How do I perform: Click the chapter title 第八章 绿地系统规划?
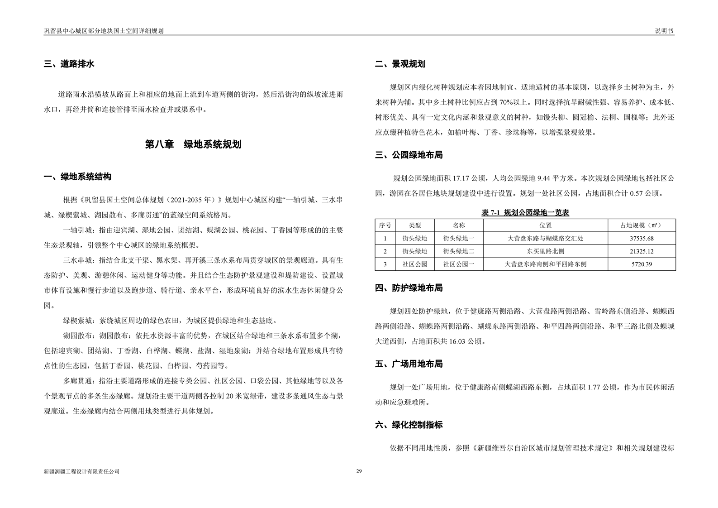tap(193, 144)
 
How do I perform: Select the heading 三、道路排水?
tap(69, 64)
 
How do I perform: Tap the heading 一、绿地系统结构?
tap(77, 177)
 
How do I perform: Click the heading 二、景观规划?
tap(400, 64)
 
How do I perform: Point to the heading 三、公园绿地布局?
tap(409, 155)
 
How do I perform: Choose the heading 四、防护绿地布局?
tap(409, 288)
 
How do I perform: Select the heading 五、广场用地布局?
tap(409, 364)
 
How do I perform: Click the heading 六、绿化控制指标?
tap(409, 425)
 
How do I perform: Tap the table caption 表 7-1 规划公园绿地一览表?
tap(525, 212)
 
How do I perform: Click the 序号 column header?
tap(385, 225)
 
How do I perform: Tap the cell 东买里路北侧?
tap(545, 251)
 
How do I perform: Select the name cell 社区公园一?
tap(458, 264)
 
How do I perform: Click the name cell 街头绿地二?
tap(458, 251)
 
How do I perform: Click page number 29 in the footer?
tap(359, 471)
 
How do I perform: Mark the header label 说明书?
tap(664, 31)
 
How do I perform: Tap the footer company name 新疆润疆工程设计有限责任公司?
tap(81, 471)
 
